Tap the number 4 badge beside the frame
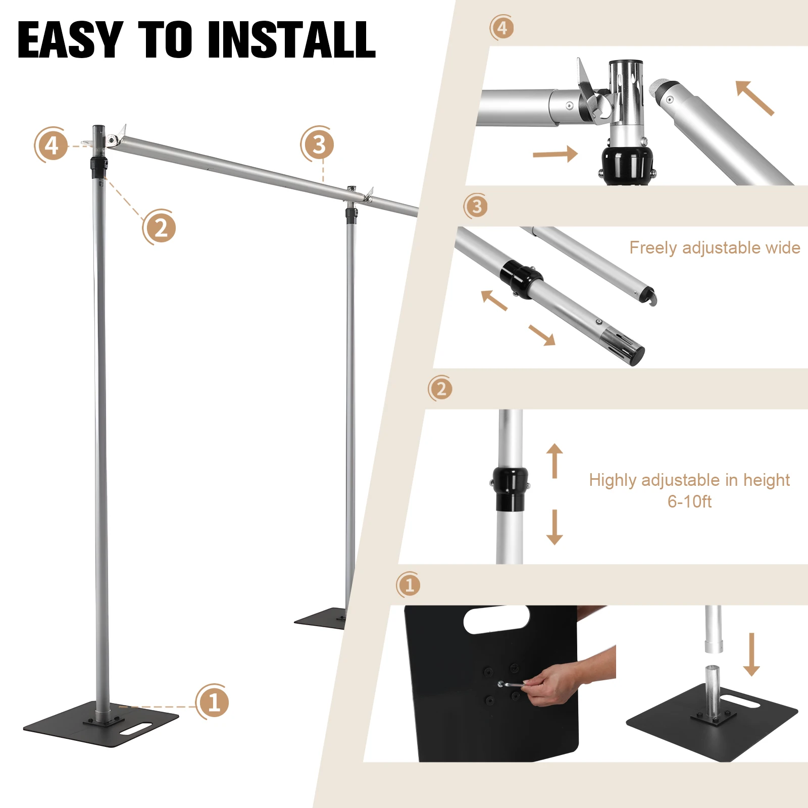coord(52,145)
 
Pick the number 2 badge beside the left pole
coord(160,228)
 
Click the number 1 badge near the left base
coord(213,702)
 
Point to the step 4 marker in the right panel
coord(502,28)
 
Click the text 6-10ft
coord(689,501)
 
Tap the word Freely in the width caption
coord(653,247)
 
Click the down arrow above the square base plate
coord(751,654)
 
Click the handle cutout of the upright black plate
coord(496,620)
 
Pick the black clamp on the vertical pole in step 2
coord(511,488)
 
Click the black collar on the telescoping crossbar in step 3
coord(522,279)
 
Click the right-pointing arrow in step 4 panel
coord(555,154)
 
